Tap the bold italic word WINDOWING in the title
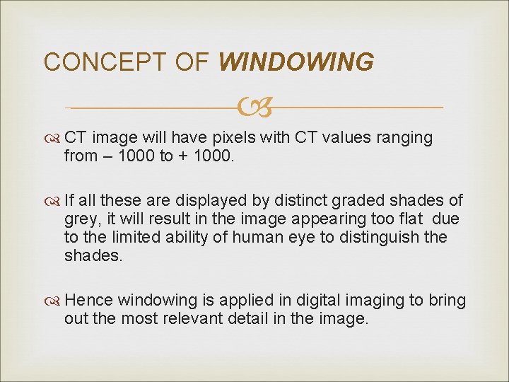[296, 62]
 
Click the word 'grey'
[80, 220]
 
